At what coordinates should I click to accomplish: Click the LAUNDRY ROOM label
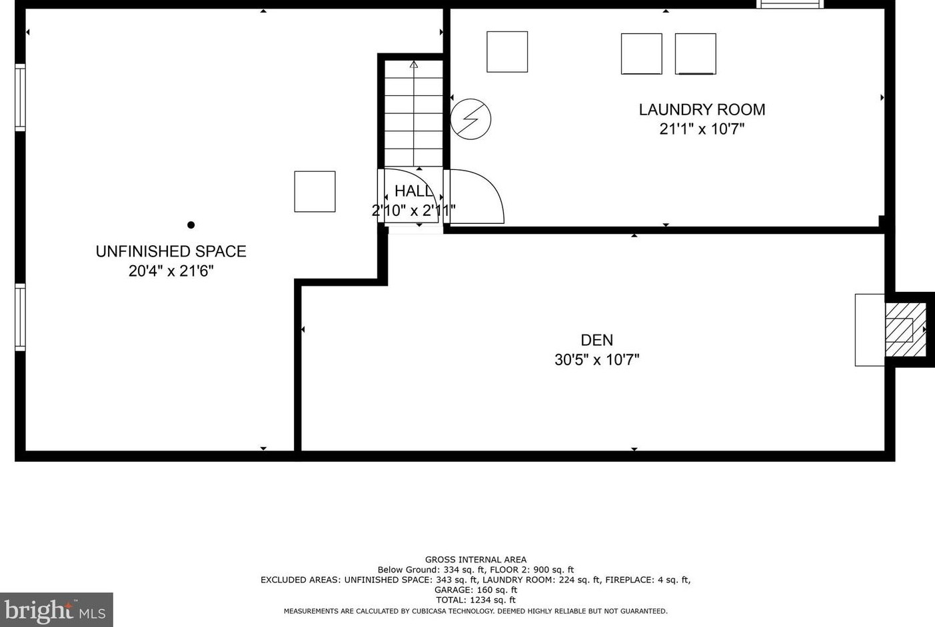click(x=702, y=110)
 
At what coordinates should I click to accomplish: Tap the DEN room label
click(x=597, y=340)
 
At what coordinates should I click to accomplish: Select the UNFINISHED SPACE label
click(x=171, y=251)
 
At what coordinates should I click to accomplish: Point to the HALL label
click(x=413, y=191)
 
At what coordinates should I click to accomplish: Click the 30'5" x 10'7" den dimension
click(x=597, y=359)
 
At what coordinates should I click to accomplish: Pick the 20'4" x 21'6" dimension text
click(x=171, y=271)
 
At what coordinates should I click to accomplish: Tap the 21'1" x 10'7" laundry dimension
click(x=702, y=129)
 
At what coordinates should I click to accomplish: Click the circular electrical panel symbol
click(x=470, y=119)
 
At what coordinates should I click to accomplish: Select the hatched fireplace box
click(x=905, y=330)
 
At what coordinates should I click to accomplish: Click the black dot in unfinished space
click(x=191, y=225)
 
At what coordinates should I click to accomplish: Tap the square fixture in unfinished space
click(x=315, y=192)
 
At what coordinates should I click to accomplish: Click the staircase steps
click(x=413, y=113)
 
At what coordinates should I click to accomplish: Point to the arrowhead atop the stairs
click(x=414, y=64)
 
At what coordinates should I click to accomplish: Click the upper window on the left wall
click(x=20, y=97)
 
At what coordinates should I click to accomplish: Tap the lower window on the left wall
click(x=20, y=317)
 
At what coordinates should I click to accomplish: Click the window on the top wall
click(x=790, y=4)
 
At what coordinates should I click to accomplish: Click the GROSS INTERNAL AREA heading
click(x=476, y=560)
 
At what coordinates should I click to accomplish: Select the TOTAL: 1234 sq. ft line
click(x=476, y=600)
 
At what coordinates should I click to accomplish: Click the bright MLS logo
click(x=57, y=610)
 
